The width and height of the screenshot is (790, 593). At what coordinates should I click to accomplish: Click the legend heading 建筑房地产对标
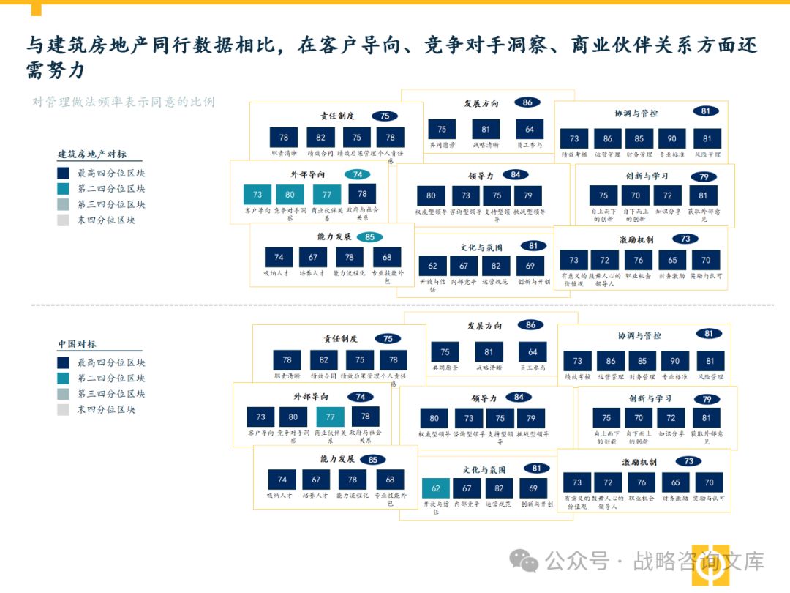pos(91,154)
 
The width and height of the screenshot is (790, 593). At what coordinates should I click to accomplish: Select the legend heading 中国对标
pos(77,344)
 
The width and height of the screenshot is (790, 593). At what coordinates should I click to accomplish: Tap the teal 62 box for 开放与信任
pos(436,488)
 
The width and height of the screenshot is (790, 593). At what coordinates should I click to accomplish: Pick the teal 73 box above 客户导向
pos(257,195)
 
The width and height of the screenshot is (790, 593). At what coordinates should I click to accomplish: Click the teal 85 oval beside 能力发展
pos(369,237)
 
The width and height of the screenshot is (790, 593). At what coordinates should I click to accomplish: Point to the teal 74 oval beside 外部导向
pos(357,174)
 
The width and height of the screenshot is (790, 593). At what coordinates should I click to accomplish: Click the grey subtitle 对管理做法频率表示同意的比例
pos(124,102)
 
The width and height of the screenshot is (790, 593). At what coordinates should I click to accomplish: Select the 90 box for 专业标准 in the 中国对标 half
pos(675,361)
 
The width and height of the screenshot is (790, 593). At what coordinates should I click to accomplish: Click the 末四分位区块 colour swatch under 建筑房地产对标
pos(64,220)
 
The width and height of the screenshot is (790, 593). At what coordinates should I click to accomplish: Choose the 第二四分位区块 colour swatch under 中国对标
pos(64,378)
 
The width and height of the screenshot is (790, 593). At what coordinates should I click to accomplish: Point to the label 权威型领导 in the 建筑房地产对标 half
pos(431,212)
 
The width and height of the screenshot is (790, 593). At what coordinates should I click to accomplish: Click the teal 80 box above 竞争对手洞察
pos(290,195)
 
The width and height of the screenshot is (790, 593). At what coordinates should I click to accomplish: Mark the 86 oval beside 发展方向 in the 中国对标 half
pos(530,325)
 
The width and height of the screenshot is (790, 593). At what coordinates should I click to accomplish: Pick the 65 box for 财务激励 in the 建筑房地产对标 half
pos(672,260)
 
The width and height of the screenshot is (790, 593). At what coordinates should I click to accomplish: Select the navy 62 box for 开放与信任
pos(433,266)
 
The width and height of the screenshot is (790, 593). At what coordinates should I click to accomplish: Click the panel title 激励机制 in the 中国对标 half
pos(639,462)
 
